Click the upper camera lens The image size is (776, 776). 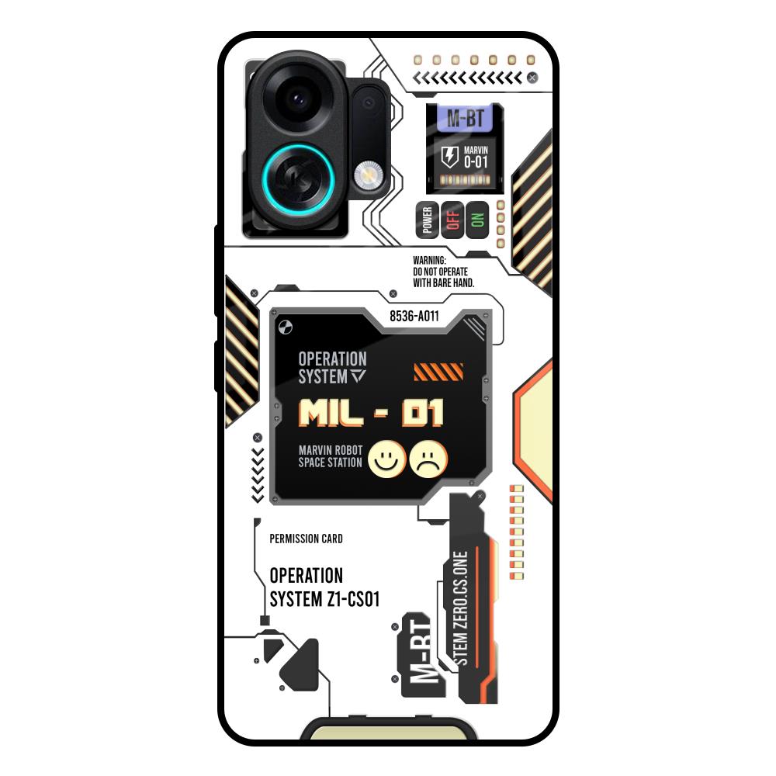pos(296,99)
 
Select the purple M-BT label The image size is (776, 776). pos(465,120)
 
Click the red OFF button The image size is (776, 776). pos(452,220)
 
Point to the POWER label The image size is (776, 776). pos(427,220)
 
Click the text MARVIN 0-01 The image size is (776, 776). pos(476,157)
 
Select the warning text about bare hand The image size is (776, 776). pos(442,272)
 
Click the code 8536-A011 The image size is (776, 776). pos(414,317)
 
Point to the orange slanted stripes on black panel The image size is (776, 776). pos(438,372)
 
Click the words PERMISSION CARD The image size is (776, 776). pos(306,539)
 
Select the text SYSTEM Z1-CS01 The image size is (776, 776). pos(324,600)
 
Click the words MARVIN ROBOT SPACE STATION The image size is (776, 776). pos(331,456)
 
